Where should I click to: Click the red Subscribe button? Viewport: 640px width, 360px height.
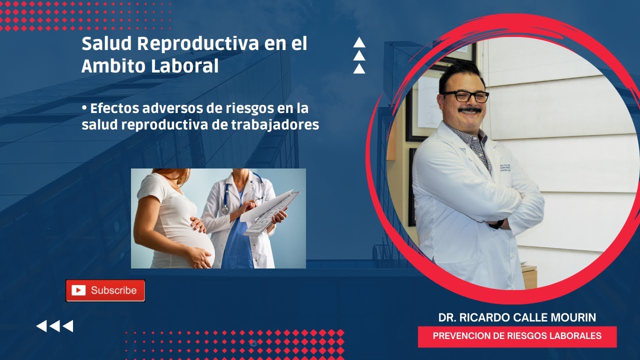point(105,290)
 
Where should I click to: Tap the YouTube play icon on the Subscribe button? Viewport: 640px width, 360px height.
point(78,290)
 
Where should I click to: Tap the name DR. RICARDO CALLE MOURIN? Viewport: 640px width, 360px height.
point(517,317)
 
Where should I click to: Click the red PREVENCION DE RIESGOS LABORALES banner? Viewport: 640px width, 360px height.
point(517,336)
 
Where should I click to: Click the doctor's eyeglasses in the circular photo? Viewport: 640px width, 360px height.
point(464,96)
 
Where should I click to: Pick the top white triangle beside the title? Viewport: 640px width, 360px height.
point(359,43)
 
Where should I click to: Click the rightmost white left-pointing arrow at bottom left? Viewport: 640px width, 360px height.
point(68,326)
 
